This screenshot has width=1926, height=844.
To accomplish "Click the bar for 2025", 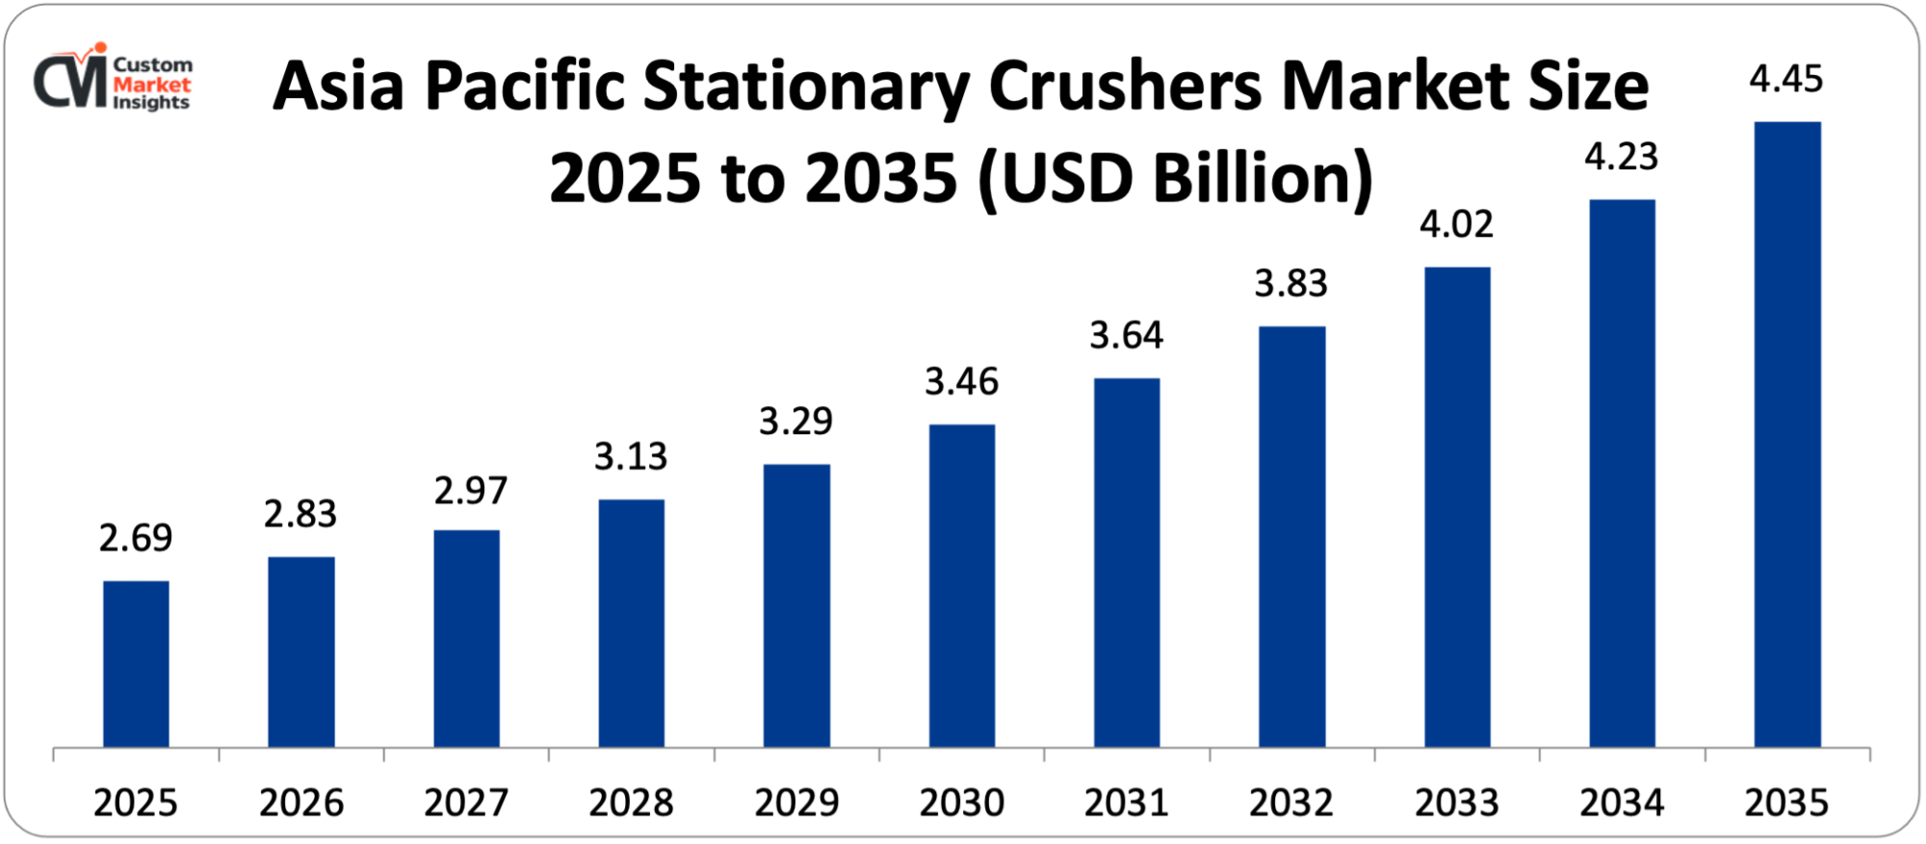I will [136, 664].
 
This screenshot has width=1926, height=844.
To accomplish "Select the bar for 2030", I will [962, 585].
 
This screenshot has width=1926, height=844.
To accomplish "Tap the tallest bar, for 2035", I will [1787, 434].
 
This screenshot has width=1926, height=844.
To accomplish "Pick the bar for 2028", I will [631, 623].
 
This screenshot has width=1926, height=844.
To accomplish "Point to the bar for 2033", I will [1457, 507].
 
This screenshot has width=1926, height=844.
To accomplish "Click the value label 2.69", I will [136, 538].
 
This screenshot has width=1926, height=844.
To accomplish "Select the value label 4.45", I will [1786, 79].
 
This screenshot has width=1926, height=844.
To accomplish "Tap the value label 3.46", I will [962, 382].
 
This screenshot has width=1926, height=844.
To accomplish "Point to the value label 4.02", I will [1456, 224].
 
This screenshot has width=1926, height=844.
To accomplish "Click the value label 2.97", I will [470, 491].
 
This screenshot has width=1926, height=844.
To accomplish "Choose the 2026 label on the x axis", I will [300, 803].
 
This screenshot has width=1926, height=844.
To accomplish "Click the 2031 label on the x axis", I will [1126, 803].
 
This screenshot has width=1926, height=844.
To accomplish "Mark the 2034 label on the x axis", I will [1622, 803].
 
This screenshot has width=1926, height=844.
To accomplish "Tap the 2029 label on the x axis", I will [796, 803].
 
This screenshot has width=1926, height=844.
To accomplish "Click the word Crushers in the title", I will [1125, 87].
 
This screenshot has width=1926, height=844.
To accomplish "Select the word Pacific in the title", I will [524, 87].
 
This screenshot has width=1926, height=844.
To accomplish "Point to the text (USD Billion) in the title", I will [1175, 179].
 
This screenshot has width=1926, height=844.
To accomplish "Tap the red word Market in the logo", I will [152, 85].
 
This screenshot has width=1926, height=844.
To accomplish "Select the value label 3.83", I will [1290, 284].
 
